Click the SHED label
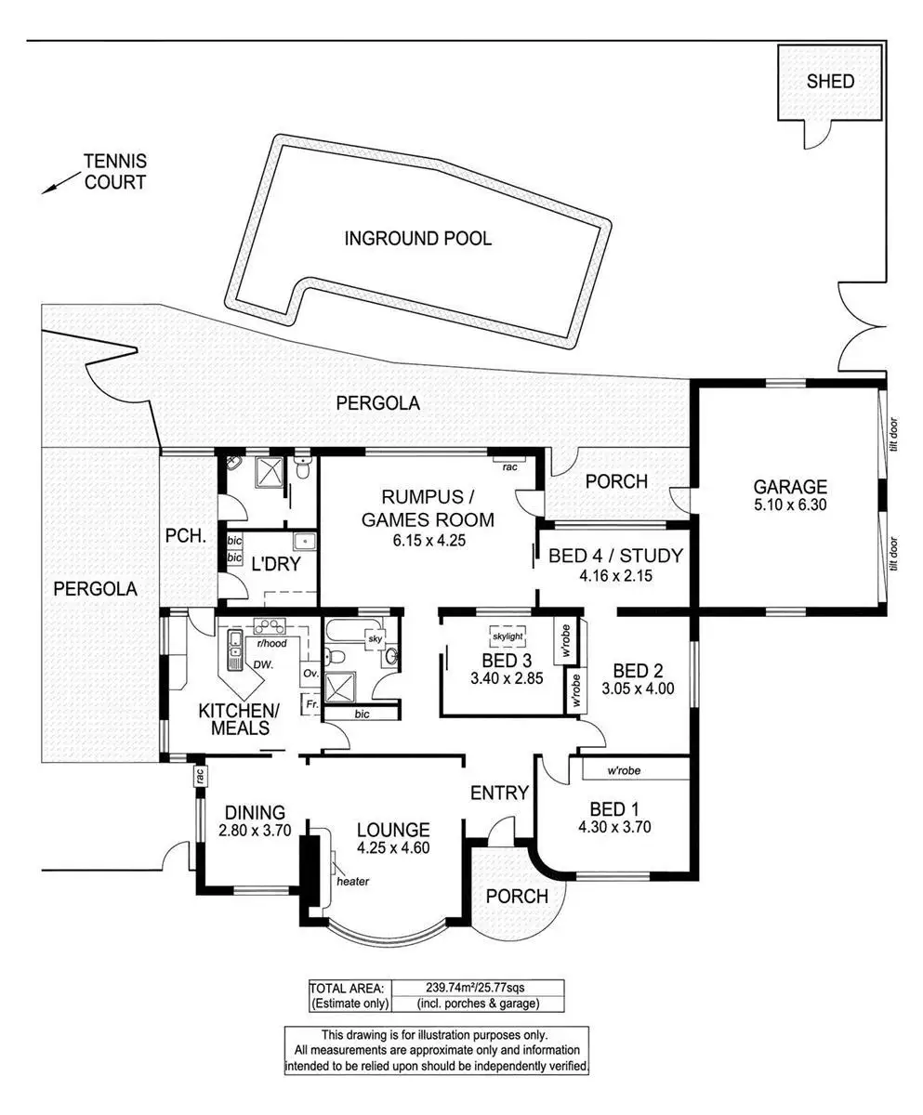tap(830, 82)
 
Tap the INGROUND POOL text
tap(417, 239)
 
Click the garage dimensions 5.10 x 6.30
tap(789, 505)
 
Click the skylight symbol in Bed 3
tap(507, 636)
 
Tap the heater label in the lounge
tap(353, 881)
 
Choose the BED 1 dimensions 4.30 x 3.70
tap(613, 826)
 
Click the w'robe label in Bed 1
tap(625, 770)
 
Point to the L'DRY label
tap(275, 563)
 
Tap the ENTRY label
tap(499, 793)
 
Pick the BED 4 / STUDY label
tap(615, 557)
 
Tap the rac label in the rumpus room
tap(509, 466)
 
